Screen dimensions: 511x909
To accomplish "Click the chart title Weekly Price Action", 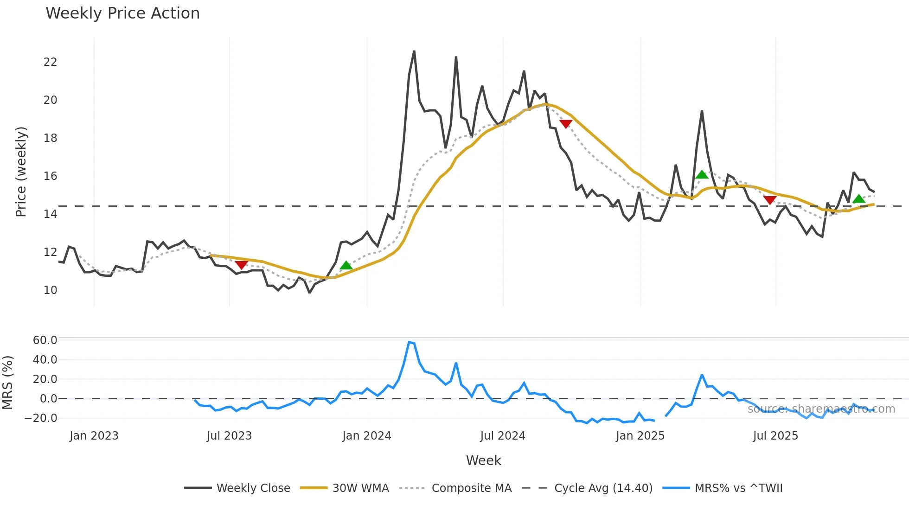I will (x=122, y=13).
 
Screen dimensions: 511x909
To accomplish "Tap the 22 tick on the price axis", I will (x=50, y=62).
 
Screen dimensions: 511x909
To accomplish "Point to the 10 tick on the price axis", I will (x=50, y=290).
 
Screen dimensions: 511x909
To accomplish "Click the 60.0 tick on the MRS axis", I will (x=45, y=340).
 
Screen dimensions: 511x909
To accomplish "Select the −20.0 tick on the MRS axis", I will (x=41, y=418).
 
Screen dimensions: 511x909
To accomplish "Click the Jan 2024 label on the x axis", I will (x=366, y=436).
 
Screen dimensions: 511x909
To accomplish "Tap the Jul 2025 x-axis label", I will (x=775, y=436).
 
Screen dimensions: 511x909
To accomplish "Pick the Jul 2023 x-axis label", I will (x=229, y=436).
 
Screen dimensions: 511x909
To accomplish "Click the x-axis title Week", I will (x=483, y=460).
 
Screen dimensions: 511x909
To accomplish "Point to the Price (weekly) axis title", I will (x=21, y=172).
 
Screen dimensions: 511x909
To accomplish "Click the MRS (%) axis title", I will (x=7, y=383).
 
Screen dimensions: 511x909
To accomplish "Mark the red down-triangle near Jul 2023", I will (x=241, y=265).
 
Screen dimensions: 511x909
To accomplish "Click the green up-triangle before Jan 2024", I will (x=346, y=265).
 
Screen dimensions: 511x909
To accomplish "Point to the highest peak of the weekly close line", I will (x=414, y=51).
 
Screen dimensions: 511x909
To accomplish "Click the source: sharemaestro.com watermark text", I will (x=821, y=409).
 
